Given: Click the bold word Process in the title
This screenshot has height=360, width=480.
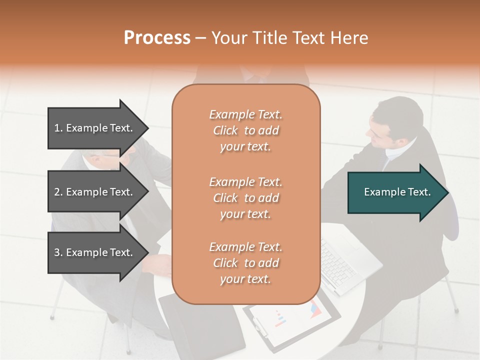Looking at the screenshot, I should pos(157,38).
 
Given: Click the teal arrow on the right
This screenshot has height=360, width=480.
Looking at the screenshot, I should pos(397,192).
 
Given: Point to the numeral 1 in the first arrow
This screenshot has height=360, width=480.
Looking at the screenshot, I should pos(56,128).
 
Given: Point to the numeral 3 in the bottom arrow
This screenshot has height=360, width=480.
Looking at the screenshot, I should pos(56,252).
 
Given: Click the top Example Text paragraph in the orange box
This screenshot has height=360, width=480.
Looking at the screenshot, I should pos(245,130).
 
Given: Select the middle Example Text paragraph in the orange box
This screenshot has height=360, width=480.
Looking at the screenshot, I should pos(245,198).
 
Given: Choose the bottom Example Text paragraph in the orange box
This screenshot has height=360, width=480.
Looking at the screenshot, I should pos(245,263).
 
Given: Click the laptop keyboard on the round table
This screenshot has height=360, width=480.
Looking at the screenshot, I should pos(340,265).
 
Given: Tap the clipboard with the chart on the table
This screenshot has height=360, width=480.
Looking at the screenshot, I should pos(295,320).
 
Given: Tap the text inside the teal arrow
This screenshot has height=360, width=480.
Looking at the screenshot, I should pos(397,192).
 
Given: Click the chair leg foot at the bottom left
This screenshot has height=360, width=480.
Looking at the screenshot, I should pos(52,317).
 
